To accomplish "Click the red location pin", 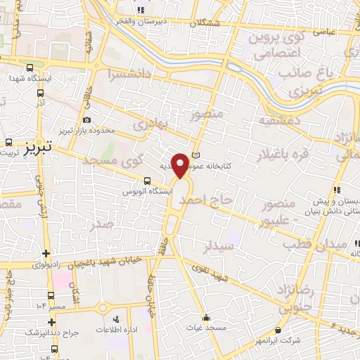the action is (x=181, y=165).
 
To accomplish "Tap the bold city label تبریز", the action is (x=37, y=148).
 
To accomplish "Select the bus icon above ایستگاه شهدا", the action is (x=29, y=68).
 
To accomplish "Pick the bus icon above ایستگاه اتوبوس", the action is (x=147, y=180).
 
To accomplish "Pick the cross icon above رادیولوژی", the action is (x=46, y=254).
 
